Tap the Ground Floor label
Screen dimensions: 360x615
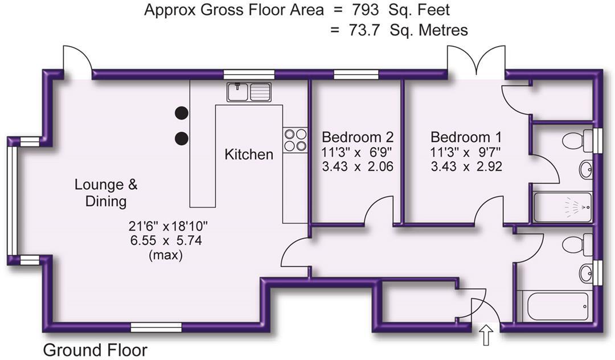tap(95, 349)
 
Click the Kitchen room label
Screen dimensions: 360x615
tap(249, 154)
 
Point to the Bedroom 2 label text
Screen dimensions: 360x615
tap(358, 137)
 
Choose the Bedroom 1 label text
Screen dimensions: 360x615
tap(466, 137)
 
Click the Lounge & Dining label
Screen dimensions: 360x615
tap(106, 193)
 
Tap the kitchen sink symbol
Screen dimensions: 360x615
tap(249, 91)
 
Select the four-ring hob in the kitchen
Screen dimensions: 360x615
tap(295, 140)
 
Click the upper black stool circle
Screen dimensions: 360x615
tap(182, 113)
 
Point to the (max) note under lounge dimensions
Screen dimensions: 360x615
tap(165, 255)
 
